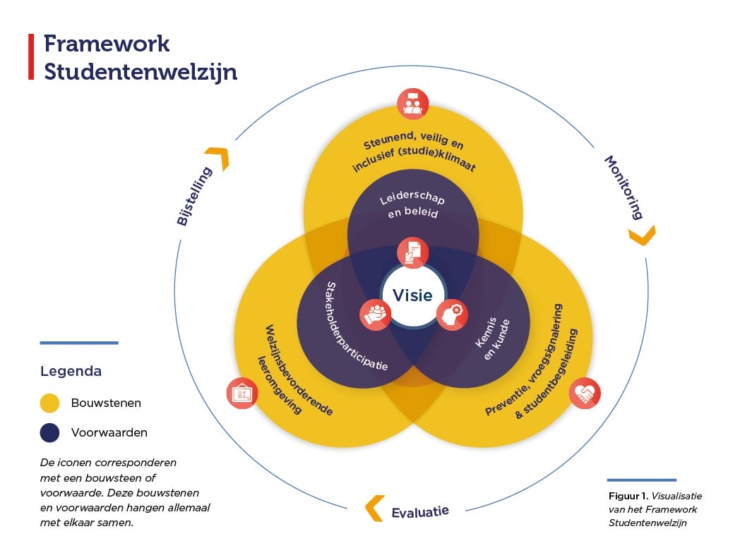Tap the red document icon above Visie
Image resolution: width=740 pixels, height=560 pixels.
point(412,252)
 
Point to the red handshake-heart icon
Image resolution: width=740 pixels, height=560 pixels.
point(585,394)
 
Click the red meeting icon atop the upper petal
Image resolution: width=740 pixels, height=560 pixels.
point(412,103)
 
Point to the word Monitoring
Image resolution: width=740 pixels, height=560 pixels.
point(624,187)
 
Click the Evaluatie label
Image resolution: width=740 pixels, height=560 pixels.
point(419,511)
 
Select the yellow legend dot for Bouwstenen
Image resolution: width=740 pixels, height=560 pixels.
point(49,403)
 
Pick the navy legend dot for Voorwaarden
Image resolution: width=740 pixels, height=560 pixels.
point(49,432)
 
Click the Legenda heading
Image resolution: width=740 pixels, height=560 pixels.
point(71,371)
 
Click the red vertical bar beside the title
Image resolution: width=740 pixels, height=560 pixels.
point(30,56)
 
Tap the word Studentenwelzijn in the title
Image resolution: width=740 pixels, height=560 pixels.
point(141,71)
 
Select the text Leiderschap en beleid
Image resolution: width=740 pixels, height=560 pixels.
point(412,205)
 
